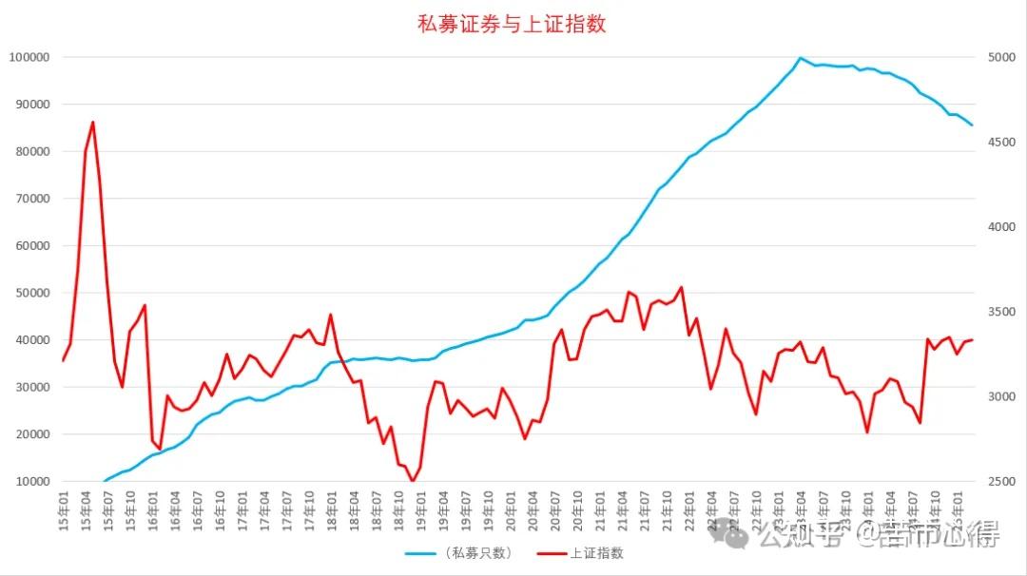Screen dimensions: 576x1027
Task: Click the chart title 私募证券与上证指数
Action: point(512,25)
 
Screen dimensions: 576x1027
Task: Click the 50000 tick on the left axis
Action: point(31,293)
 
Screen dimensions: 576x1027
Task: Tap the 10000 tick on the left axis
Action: point(31,481)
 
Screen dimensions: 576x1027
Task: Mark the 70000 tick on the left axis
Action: point(31,199)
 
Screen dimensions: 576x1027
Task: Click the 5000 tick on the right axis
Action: point(1001,57)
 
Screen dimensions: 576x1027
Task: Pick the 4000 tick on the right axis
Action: point(1001,227)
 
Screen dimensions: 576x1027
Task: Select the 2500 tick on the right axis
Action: point(1001,481)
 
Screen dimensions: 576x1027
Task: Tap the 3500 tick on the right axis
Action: point(1001,312)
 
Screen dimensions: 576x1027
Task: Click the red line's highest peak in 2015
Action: point(92,122)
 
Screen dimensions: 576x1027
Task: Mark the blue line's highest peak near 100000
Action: point(800,58)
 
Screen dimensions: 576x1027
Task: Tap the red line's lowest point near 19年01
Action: point(412,481)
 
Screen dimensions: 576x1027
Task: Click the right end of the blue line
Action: point(972,125)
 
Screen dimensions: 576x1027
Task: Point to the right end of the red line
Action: point(972,339)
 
